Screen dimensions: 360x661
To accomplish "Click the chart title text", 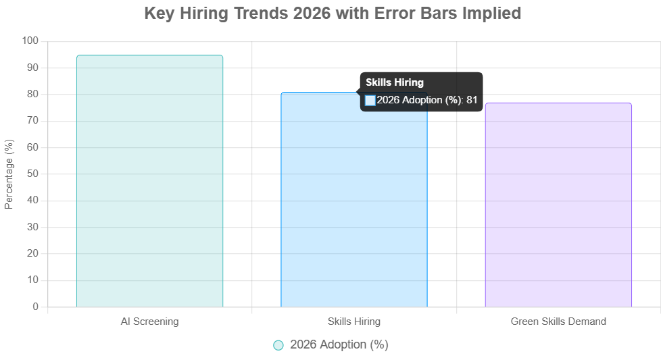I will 333,14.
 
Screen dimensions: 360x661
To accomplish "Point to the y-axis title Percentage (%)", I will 9,174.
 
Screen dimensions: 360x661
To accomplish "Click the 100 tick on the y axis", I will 30,41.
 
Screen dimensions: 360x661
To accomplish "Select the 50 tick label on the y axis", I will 32,174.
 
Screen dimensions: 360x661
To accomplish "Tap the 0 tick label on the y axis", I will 35,307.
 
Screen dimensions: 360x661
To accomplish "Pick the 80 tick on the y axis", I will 32,94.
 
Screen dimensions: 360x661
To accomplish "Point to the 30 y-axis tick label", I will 32,227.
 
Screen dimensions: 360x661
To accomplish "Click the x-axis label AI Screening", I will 149,322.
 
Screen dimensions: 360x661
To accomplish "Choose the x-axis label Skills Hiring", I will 353,322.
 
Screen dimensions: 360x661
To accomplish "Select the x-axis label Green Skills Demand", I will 558,322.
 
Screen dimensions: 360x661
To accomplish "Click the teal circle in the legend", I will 278,345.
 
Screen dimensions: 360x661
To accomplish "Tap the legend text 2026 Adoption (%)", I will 339,344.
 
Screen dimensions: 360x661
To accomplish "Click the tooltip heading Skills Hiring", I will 395,82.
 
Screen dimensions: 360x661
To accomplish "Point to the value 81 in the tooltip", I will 472,100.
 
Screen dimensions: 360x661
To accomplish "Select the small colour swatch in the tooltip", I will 370,100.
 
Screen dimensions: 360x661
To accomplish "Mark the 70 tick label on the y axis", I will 32,121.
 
